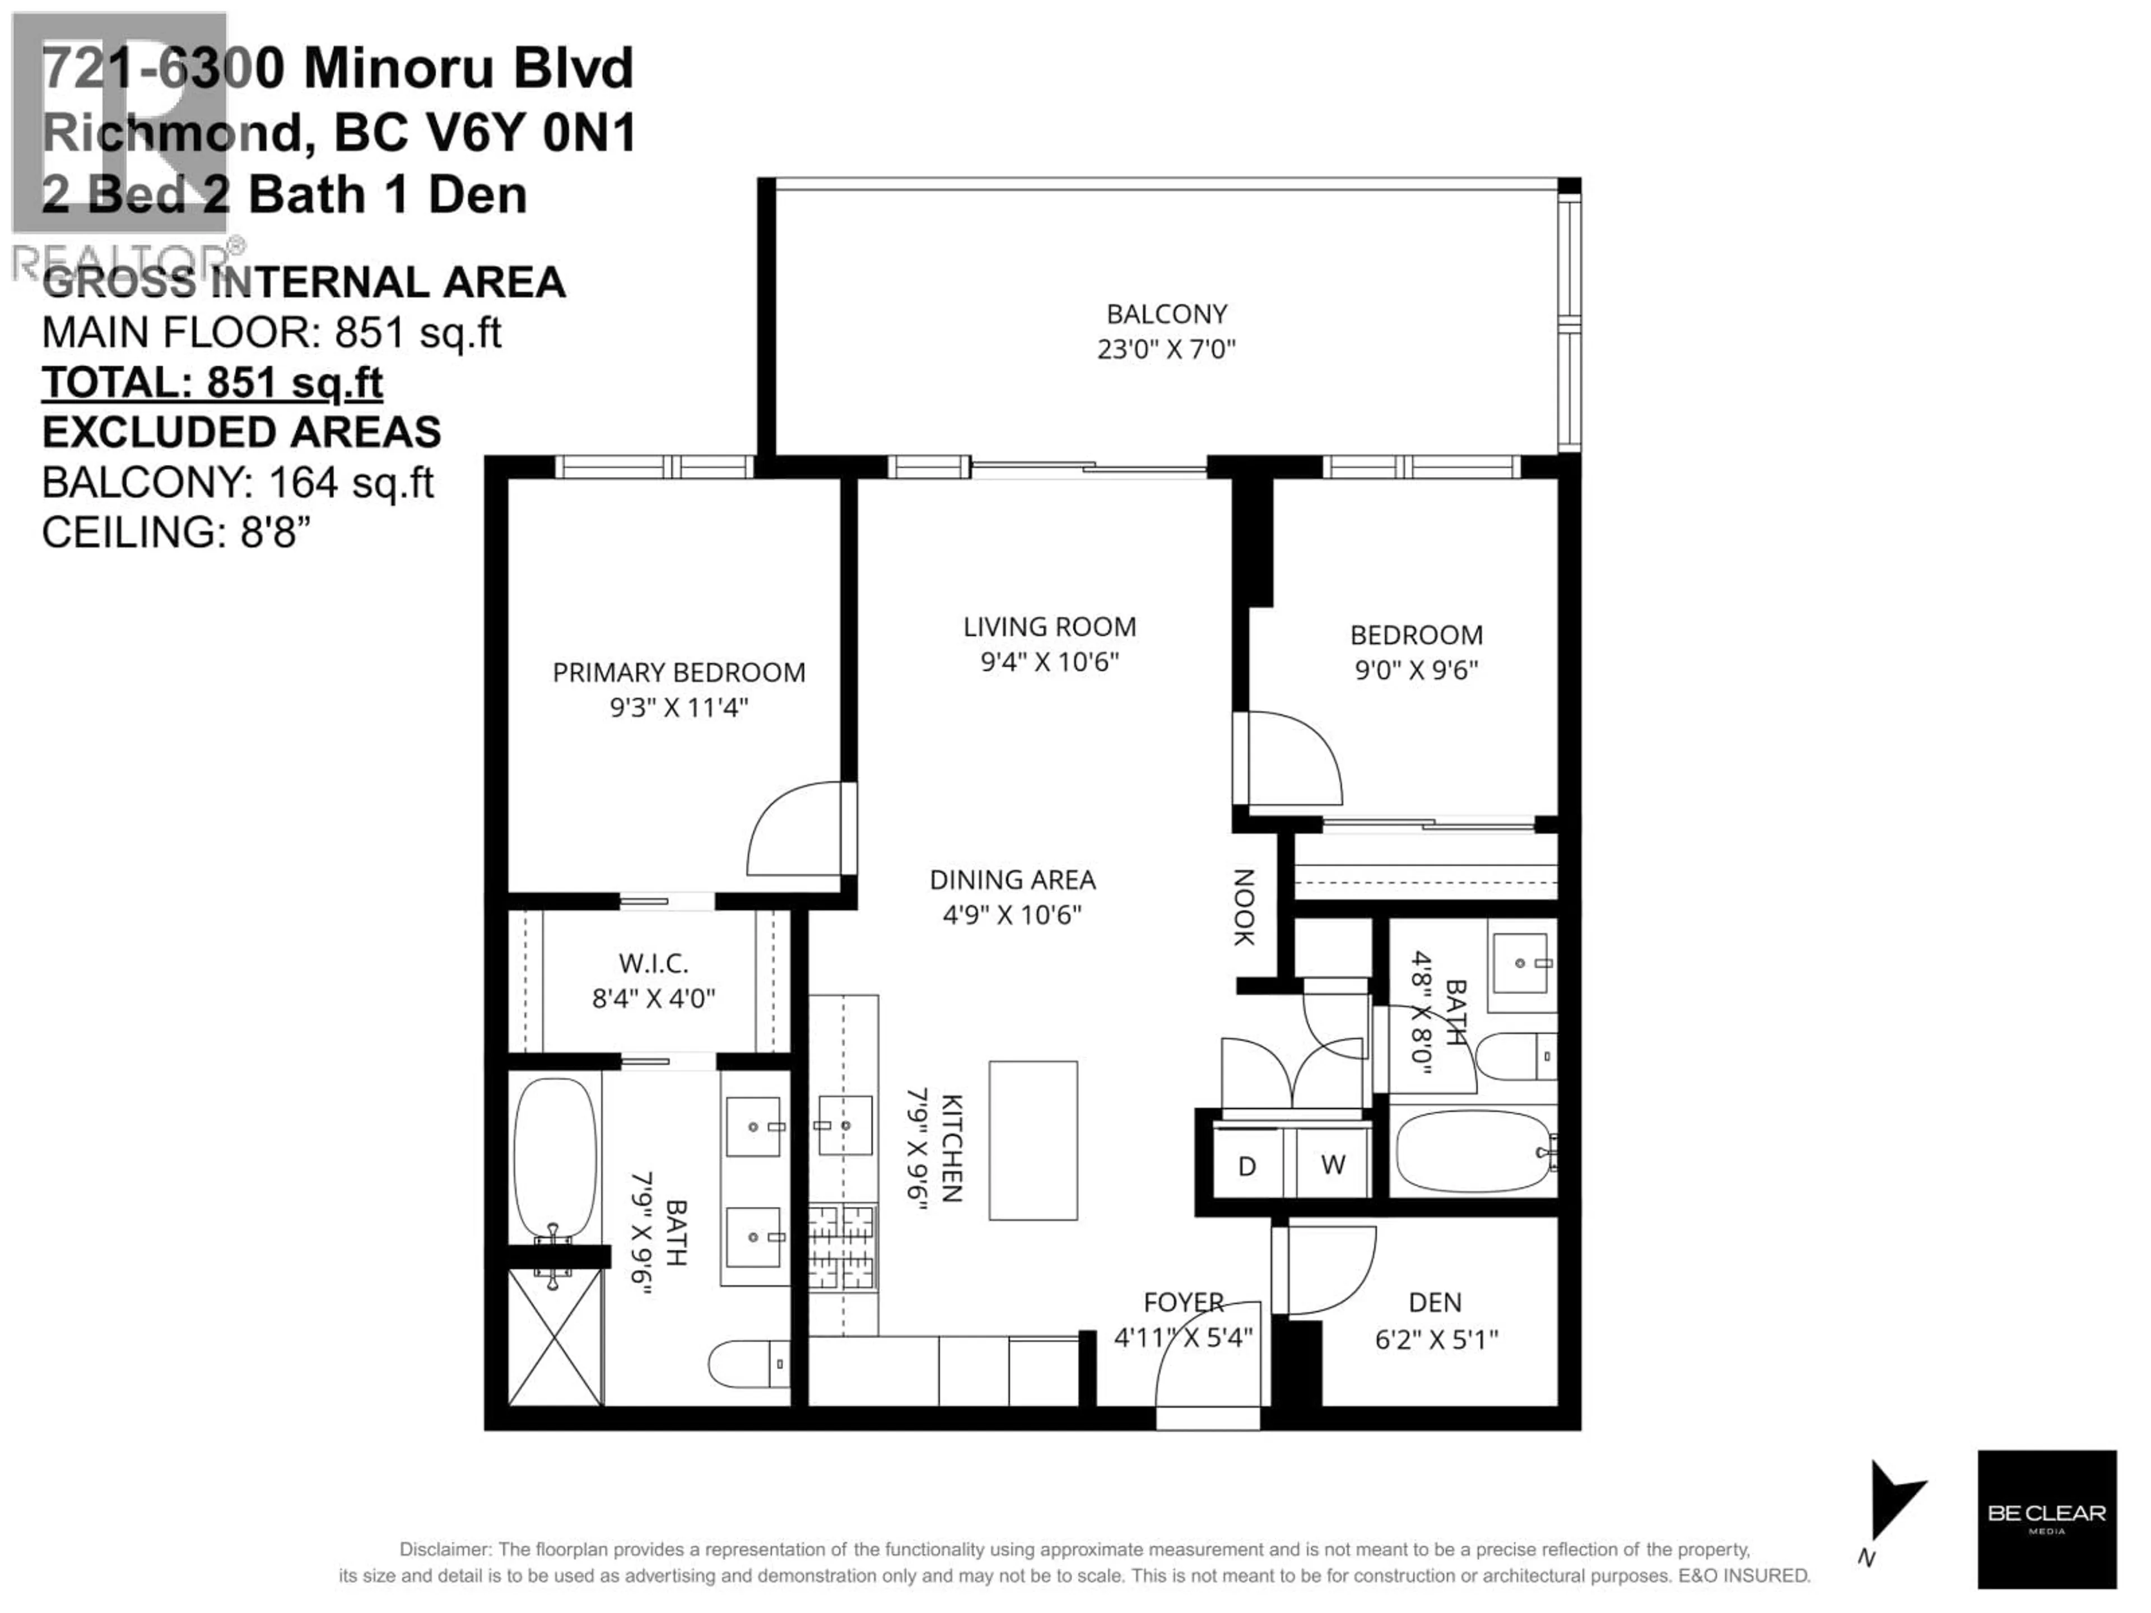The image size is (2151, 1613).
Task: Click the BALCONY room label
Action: (1166, 314)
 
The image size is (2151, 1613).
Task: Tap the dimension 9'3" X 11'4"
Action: (679, 707)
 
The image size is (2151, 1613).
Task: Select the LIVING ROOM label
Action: (1049, 627)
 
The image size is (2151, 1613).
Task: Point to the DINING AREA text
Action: (1012, 880)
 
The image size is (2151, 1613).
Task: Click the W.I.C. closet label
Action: (654, 963)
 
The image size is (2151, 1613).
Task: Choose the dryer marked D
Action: (1247, 1166)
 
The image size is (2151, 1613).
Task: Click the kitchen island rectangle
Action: (1033, 1140)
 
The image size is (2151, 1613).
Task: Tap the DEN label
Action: (1435, 1302)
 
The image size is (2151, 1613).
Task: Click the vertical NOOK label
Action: (1244, 907)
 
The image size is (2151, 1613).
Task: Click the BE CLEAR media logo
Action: (2046, 1519)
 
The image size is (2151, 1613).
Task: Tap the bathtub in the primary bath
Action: (555, 1157)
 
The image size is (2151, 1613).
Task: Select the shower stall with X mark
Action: (555, 1337)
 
